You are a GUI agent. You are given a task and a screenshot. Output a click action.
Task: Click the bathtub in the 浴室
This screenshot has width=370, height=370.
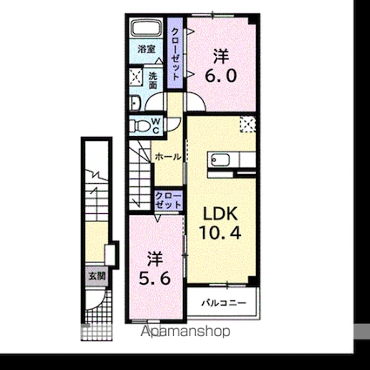(147, 28)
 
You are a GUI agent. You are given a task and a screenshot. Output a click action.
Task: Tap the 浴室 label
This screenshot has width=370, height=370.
(146, 50)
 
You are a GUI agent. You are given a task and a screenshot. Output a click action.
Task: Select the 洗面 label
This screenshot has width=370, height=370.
(153, 81)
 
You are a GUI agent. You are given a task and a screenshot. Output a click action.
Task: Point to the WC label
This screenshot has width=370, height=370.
(156, 125)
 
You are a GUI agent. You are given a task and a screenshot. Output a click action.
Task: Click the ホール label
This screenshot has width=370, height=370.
(168, 157)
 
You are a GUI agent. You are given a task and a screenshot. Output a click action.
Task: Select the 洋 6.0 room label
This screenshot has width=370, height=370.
(221, 66)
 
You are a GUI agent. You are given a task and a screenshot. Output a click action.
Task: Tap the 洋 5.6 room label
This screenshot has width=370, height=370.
(154, 269)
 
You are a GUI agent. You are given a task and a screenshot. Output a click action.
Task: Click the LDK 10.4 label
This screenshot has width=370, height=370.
(220, 223)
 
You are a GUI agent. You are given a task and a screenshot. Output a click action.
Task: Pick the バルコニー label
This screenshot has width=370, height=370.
(224, 303)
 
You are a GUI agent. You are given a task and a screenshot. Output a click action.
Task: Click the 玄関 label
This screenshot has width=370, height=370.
(97, 276)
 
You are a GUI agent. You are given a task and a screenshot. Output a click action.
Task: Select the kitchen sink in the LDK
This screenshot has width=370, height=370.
(220, 160)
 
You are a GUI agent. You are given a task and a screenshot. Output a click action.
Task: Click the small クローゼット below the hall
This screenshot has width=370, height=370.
(168, 200)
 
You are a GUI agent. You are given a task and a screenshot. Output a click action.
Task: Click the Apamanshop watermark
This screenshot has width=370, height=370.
(185, 331)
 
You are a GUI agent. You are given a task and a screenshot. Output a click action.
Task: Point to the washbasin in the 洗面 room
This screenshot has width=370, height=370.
(135, 103)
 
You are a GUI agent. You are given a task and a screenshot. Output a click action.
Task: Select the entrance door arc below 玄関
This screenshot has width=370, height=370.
(96, 299)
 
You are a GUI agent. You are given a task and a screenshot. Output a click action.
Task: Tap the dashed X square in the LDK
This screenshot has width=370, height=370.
(247, 124)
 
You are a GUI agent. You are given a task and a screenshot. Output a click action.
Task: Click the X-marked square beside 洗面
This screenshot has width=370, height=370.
(136, 76)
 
